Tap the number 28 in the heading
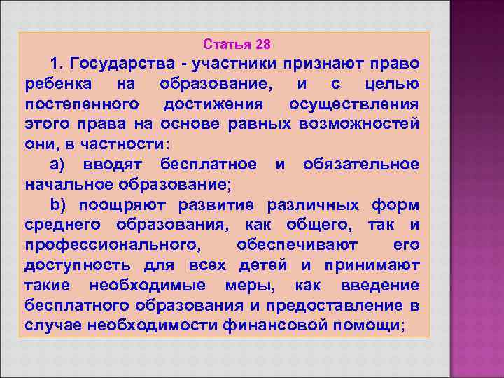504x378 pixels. [263, 45]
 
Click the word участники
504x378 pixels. [239, 64]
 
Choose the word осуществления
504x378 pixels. [354, 105]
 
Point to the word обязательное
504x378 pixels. [361, 165]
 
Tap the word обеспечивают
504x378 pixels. [297, 246]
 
